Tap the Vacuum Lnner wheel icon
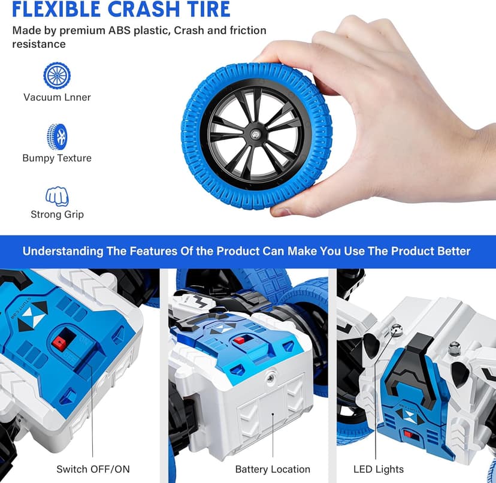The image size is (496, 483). pyautogui.click(x=57, y=76)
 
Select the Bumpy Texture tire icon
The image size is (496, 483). pyautogui.click(x=57, y=136)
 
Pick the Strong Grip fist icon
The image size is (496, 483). pyautogui.click(x=57, y=195)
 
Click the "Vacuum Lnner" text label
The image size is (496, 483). pyautogui.click(x=57, y=97)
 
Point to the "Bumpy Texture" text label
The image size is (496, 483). pyautogui.click(x=57, y=158)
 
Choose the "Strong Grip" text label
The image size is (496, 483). pyautogui.click(x=57, y=215)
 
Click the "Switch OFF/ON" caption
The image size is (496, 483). pyautogui.click(x=93, y=469)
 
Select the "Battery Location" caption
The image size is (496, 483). pyautogui.click(x=273, y=469)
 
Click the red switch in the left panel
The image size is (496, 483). pyautogui.click(x=59, y=342)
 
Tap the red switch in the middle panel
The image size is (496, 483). pyautogui.click(x=240, y=340)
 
